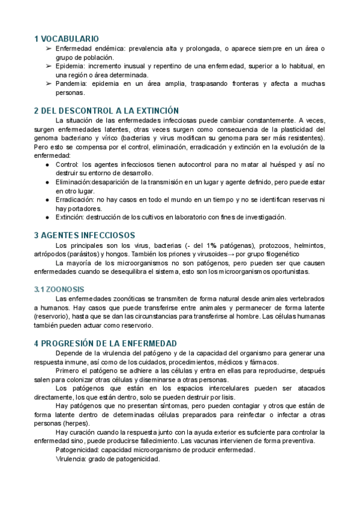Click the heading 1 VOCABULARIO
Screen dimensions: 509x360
(67, 38)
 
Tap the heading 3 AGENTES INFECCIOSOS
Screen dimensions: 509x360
(85, 235)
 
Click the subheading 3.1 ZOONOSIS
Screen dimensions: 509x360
(59, 289)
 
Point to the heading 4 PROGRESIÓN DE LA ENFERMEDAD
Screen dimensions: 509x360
(106, 343)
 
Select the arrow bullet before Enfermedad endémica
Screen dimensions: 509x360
(48, 48)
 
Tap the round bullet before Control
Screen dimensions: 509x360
(48, 164)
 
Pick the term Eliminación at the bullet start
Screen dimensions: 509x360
(75, 181)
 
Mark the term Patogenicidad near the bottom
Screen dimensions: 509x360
(77, 450)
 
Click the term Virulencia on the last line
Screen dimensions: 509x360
(71, 459)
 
